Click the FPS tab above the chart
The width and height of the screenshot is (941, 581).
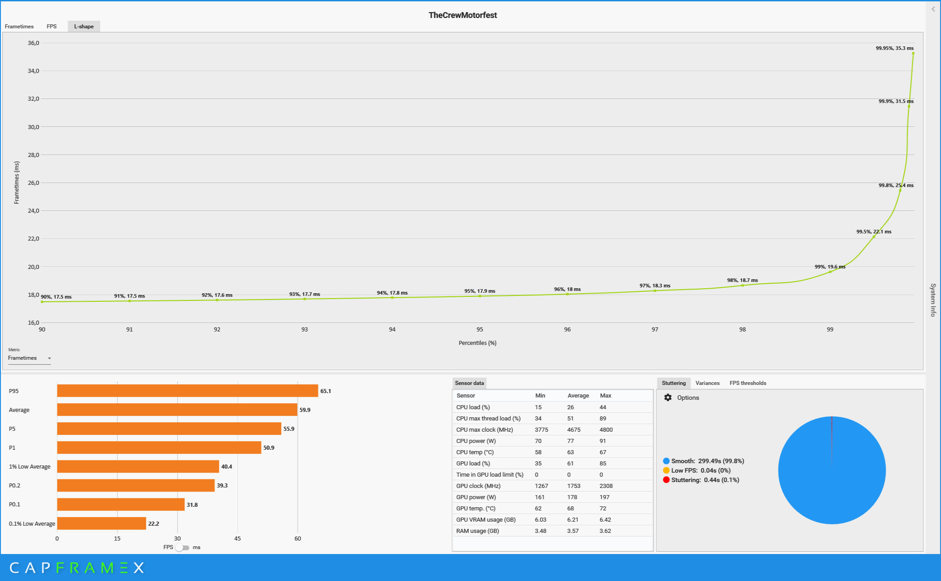click(52, 27)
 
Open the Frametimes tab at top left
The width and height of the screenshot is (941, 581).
click(19, 27)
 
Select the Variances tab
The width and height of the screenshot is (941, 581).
click(707, 383)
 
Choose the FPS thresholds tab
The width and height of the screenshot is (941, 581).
click(747, 383)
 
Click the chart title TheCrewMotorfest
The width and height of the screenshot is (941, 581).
click(462, 15)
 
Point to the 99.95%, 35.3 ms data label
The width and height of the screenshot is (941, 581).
click(894, 48)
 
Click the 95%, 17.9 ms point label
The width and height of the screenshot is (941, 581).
click(480, 291)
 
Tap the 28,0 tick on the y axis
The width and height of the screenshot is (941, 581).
click(34, 155)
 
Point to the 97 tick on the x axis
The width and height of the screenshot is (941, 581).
click(655, 330)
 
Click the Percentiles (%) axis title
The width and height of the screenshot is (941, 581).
click(477, 343)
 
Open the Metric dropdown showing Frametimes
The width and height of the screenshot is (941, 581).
click(30, 358)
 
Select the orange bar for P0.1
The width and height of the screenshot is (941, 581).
click(120, 505)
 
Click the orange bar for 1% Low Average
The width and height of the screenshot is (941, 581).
click(138, 467)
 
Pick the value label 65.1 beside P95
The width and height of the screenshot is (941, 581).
click(325, 391)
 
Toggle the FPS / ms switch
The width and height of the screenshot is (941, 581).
click(182, 548)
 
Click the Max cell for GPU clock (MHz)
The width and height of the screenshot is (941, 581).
click(606, 486)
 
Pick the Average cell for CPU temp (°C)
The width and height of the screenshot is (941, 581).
click(570, 452)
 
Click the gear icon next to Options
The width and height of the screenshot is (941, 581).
click(668, 398)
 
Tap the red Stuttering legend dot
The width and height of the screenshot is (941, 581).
click(666, 480)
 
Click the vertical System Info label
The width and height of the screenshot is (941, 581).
click(933, 300)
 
